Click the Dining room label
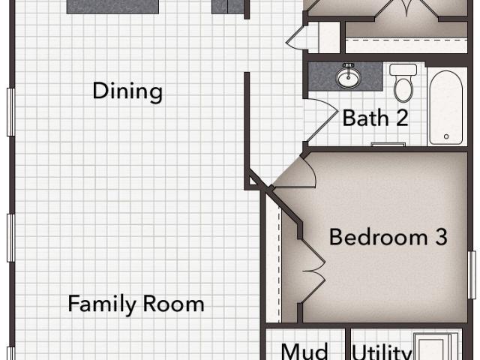pos(127,91)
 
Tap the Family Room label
pos(136,304)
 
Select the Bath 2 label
pos(375,118)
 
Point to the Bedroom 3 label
pos(388,237)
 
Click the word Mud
pos(304,352)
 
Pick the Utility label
pos(381,352)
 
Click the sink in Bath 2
pos(348,76)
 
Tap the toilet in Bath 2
pos(403,82)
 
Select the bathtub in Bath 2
pos(446,108)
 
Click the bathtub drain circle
pos(446,136)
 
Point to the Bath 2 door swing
pos(322,120)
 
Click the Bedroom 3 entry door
pos(294,172)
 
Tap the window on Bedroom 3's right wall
pos(472,275)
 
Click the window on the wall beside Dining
pos(10,112)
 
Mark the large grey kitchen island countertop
pos(112,7)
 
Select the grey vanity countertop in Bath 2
pos(345,76)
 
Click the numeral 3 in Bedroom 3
pos(441,237)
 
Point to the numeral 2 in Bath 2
pos(402,118)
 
